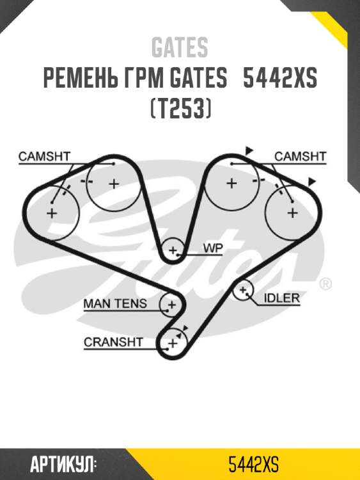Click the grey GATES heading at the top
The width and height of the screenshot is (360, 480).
point(180,47)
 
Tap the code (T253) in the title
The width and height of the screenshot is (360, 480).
point(180,109)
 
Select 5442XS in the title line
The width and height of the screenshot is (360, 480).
point(281,79)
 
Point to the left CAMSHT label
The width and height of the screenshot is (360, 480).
point(44,156)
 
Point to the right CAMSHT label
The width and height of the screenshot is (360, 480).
point(300,156)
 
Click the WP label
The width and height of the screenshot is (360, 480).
point(212,247)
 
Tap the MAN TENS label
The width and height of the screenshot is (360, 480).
point(115,303)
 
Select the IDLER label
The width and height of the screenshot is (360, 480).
point(282,298)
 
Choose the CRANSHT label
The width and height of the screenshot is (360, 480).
point(113,342)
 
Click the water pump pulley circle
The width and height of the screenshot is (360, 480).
point(172,250)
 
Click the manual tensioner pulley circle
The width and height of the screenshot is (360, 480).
point(171,304)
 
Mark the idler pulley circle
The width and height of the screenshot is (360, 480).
point(242,291)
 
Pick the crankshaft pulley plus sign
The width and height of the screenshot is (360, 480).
point(171,344)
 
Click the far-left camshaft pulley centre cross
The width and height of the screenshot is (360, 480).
point(52,213)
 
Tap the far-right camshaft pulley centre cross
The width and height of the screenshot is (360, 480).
point(292,212)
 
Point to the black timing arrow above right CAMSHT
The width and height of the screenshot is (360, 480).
point(249,150)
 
